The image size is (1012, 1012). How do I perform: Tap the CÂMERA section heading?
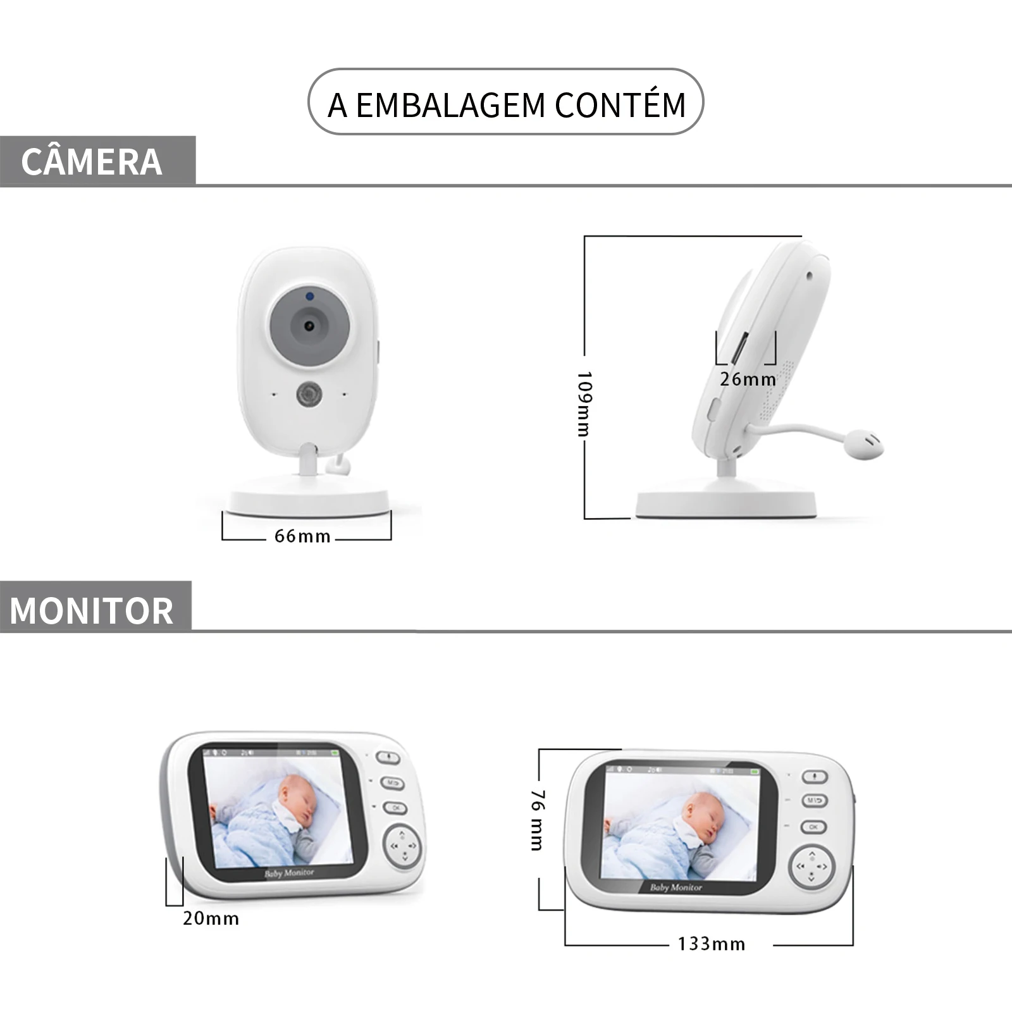pos(92,162)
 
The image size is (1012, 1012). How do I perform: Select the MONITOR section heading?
pos(92,610)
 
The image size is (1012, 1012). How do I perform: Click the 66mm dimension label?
pos(302,536)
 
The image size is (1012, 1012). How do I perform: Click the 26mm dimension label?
pos(747,379)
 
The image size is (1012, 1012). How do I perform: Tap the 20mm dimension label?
pos(211,918)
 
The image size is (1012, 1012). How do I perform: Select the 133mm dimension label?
pos(712,944)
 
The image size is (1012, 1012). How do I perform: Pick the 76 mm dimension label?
pos(537,820)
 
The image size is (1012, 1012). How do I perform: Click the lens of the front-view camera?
pos(309,326)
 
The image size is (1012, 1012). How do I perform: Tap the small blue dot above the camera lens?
pos(309,295)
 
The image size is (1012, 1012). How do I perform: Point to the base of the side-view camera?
pos(725,503)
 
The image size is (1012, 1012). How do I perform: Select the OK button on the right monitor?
pos(813,827)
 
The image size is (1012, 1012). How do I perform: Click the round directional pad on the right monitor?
pos(811,867)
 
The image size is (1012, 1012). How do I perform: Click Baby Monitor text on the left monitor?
pos(289,873)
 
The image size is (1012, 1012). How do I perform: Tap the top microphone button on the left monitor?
pos(389,757)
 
